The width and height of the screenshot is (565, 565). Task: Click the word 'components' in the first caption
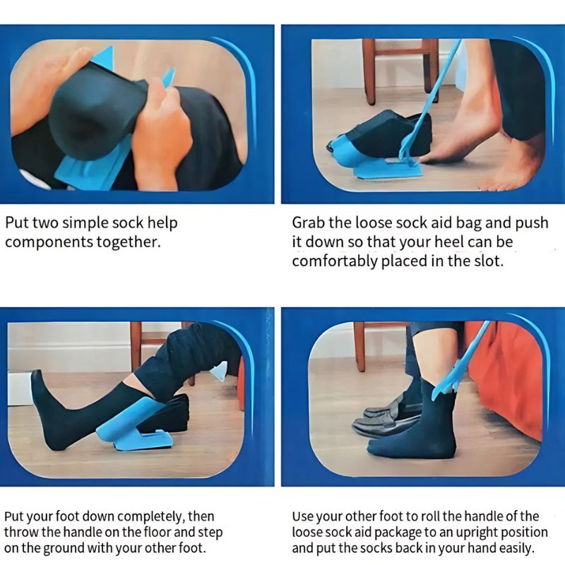coord(47,242)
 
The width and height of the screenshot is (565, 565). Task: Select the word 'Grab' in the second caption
coord(309,223)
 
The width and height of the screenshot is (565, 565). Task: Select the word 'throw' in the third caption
coord(23,533)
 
